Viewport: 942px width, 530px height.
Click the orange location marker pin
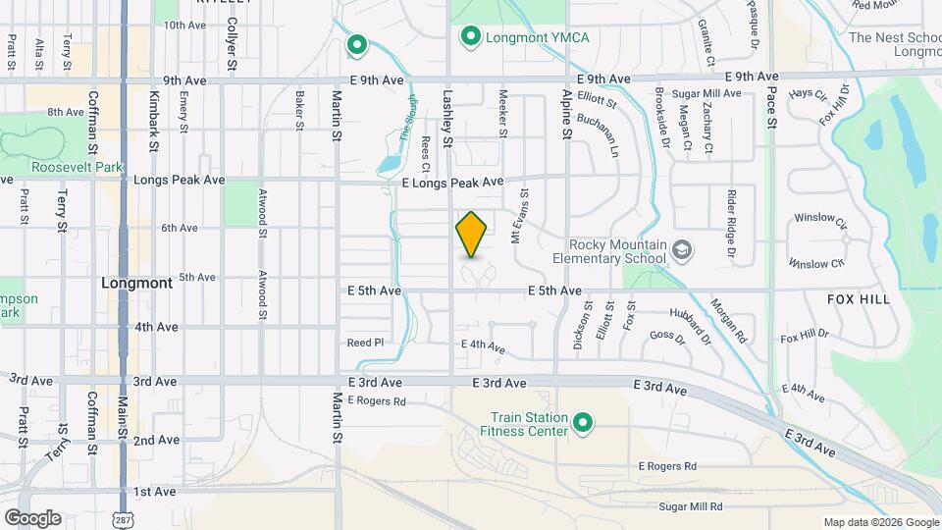point(472,235)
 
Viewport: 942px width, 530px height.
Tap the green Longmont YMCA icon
point(470,37)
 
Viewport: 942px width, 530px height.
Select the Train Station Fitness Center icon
point(584,423)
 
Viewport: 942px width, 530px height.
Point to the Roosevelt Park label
point(62,167)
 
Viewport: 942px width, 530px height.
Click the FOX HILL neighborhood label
point(859,298)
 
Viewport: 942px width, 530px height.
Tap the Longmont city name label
point(137,282)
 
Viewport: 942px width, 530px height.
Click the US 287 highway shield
point(123,517)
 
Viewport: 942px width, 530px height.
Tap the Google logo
point(32,517)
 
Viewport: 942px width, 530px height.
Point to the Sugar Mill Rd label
point(691,506)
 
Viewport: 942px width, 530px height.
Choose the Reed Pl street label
point(364,343)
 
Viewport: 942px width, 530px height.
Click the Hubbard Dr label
point(690,326)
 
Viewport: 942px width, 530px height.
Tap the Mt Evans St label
point(519,216)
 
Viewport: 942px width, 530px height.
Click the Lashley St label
point(446,119)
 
